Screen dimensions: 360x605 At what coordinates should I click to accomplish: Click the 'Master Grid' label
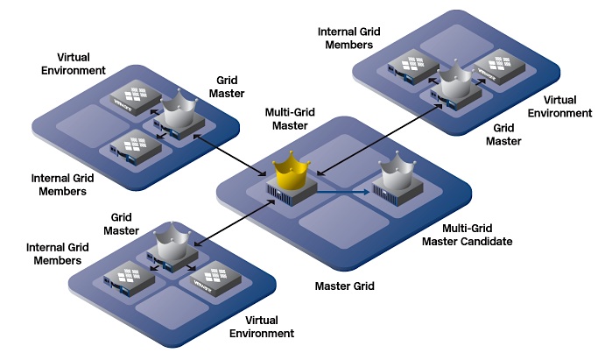tap(345, 286)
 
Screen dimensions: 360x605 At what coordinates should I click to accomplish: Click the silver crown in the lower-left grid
tap(172, 241)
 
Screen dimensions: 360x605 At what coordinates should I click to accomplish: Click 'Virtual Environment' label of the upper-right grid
tap(559, 107)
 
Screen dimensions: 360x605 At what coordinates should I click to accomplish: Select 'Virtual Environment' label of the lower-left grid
tap(262, 327)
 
